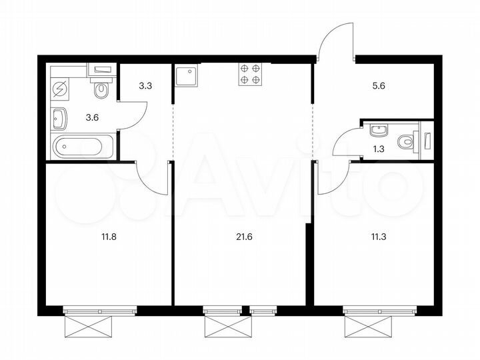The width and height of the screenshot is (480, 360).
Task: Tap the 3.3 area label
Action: [145, 86]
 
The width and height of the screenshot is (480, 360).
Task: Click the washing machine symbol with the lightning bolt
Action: [61, 88]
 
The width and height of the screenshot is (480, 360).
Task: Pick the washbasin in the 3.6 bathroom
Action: [59, 119]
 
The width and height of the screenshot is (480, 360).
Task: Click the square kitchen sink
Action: [185, 76]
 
